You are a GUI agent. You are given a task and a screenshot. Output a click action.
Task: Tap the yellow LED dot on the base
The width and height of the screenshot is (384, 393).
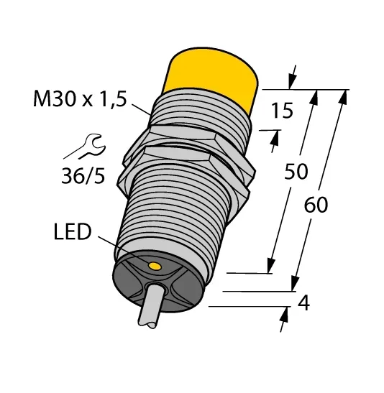[x=155, y=266]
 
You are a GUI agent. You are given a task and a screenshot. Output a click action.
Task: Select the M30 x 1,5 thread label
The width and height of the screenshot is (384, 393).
[x=80, y=99]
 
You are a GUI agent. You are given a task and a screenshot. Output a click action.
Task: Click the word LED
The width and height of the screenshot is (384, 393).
[x=73, y=232]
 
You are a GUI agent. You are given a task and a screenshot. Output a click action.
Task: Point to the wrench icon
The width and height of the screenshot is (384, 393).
[x=86, y=147]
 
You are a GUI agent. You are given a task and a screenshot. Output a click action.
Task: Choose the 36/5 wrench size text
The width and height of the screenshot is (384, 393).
[x=83, y=175]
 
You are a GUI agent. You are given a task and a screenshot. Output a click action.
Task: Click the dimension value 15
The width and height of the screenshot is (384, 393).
[x=282, y=111]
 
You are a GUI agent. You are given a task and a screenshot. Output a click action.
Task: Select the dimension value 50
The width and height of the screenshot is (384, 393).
[x=296, y=172]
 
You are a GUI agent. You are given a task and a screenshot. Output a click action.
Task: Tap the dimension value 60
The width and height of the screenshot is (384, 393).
[x=316, y=205]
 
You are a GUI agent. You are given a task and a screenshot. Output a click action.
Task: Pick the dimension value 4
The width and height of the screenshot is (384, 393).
[x=303, y=302]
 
